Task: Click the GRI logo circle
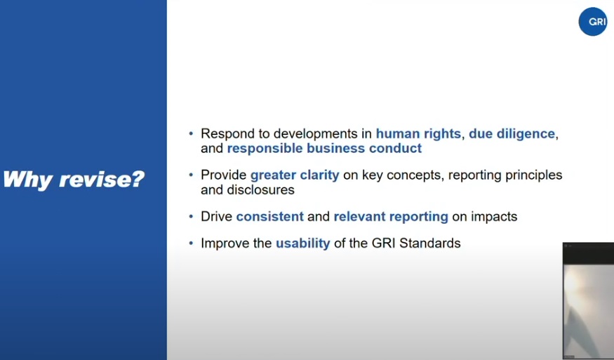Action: coord(593,22)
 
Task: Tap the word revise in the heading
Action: coord(102,180)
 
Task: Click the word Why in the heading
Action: coord(27,180)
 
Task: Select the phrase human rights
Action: coord(418,133)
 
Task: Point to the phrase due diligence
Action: coord(512,133)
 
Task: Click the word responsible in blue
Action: coord(265,149)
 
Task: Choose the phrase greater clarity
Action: coord(295,175)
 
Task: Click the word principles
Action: coord(534,175)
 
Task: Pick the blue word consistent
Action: coord(269,216)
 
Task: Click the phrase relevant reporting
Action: coord(391,217)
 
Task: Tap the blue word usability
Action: coord(303,244)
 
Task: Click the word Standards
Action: coord(430,243)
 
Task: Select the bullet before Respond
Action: coord(191,133)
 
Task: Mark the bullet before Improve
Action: coord(191,244)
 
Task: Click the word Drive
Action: coord(217,216)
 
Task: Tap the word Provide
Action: coord(224,175)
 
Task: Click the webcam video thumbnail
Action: coord(588,301)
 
